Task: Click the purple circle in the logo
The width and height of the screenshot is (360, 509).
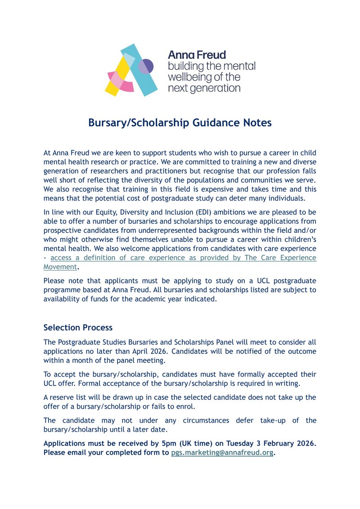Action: point(146,67)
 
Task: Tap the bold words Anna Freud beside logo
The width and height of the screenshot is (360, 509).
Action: point(197,55)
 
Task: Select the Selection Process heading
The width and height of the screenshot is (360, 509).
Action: point(78,327)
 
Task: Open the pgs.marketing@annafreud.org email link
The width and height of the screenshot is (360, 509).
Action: point(222,453)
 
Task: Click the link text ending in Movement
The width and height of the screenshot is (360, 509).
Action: point(60,267)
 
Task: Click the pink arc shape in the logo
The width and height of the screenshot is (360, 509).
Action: point(125,87)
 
